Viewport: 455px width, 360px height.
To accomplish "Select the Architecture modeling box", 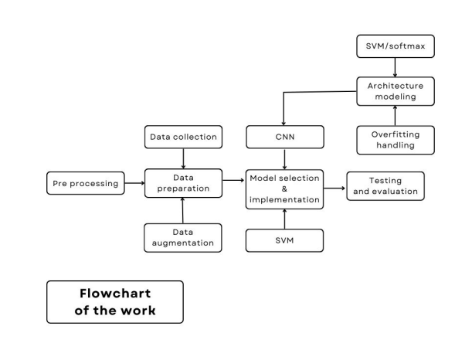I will click(396, 90).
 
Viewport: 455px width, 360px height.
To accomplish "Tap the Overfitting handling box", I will click(396, 138).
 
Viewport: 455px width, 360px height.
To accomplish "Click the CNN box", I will click(284, 138).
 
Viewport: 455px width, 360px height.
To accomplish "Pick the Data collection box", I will click(183, 138).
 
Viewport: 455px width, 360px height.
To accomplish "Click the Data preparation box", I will click(183, 184).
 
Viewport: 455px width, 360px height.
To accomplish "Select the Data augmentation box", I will click(183, 237).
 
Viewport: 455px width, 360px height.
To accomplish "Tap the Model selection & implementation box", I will click(284, 188).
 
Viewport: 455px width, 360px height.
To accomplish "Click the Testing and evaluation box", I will click(385, 186).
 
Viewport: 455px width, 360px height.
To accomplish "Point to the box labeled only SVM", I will click(284, 240).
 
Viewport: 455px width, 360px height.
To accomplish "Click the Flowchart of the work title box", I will click(115, 301).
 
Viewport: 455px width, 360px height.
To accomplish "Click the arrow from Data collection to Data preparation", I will click(183, 158).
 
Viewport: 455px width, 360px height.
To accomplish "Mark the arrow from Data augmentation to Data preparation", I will click(183, 210).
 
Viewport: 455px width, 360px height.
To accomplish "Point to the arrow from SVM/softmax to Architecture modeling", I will click(396, 67).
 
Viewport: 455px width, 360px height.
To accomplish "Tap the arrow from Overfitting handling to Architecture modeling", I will click(396, 114).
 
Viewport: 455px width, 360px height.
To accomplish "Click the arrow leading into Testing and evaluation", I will click(333, 188).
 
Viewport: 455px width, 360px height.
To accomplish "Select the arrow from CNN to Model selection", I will click(284, 159).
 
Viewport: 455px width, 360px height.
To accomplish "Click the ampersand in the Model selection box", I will click(284, 188).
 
